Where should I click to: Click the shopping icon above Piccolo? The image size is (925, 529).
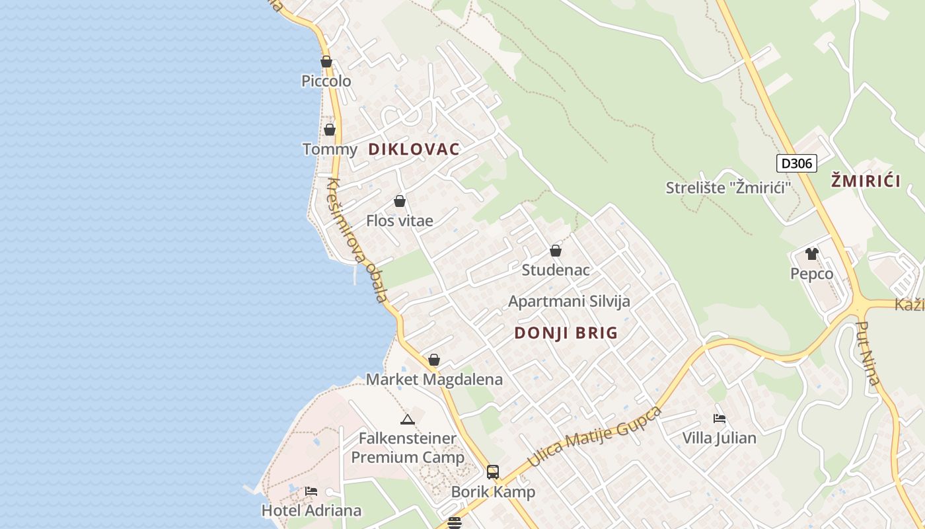[x=326, y=61]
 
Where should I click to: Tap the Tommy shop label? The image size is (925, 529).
[x=330, y=149]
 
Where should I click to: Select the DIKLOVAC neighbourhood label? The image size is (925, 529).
[x=414, y=149]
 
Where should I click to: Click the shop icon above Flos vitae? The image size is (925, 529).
[x=400, y=201]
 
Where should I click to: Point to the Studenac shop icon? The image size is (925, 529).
[x=556, y=251]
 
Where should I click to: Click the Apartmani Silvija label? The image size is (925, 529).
[x=569, y=302]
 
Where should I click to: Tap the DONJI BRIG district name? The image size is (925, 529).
[x=566, y=333]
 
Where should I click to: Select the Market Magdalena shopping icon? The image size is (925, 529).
[x=434, y=360]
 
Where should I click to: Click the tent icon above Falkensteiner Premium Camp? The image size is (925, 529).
[x=408, y=419]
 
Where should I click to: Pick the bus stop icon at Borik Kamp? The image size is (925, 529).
[x=493, y=471]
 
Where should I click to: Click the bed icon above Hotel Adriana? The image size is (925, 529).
[x=311, y=491]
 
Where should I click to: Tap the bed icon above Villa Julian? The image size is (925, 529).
[x=720, y=418]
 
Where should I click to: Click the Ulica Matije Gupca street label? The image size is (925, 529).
[x=595, y=438]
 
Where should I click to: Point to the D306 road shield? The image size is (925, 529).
[x=796, y=163]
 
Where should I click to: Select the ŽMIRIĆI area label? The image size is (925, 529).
[x=866, y=181]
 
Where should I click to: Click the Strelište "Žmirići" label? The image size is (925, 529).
[x=728, y=188]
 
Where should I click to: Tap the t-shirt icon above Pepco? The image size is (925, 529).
[x=812, y=254]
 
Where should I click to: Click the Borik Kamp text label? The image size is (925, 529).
[x=493, y=493]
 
